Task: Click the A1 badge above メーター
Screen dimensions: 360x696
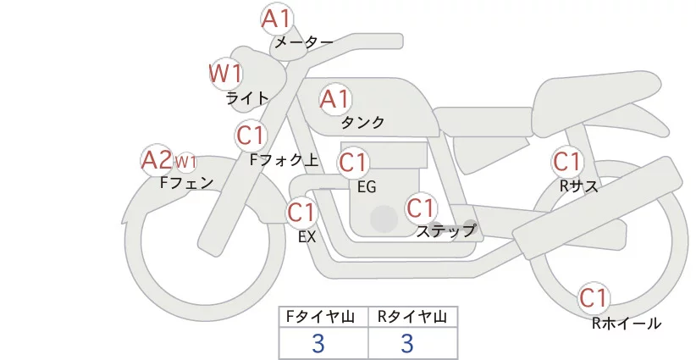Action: coord(276,18)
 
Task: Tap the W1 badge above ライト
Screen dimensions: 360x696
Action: coord(225,74)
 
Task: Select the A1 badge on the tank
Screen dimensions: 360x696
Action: coord(334,99)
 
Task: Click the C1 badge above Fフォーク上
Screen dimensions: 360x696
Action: coord(251,135)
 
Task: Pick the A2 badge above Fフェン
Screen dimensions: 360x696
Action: coord(156,159)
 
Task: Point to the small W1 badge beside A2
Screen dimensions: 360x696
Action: coord(185,162)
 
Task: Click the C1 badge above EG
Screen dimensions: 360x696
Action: coord(353,161)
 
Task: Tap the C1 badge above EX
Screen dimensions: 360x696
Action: coord(302,211)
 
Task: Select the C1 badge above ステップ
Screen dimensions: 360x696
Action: coord(420,207)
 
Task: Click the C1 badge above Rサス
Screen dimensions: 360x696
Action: coord(566,161)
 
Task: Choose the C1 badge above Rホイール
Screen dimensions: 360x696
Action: coord(594,298)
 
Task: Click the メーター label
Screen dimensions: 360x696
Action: coord(303,42)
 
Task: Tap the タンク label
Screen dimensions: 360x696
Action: coord(362,123)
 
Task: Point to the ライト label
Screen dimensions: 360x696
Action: coord(247,97)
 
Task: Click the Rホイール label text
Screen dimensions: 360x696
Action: coord(626,323)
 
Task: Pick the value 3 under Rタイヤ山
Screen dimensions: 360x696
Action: coord(407,343)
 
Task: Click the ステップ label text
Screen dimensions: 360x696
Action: coord(445,230)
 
